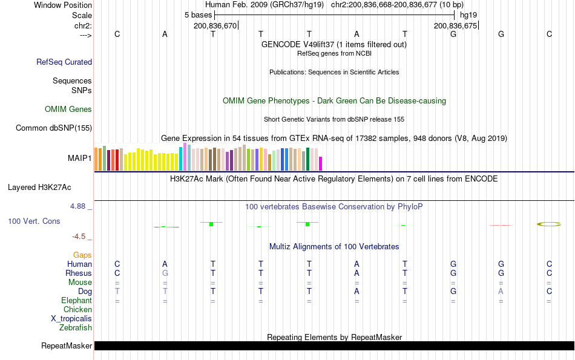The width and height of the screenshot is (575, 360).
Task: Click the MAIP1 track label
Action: click(x=80, y=158)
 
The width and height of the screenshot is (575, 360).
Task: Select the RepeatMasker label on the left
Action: click(x=67, y=346)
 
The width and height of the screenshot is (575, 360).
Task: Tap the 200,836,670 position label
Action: click(x=215, y=25)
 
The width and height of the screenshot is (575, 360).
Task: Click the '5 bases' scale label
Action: click(x=198, y=15)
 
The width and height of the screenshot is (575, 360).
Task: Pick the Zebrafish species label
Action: click(x=76, y=328)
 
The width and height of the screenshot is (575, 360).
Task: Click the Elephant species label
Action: click(x=76, y=301)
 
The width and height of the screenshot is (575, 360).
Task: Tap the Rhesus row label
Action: click(x=79, y=273)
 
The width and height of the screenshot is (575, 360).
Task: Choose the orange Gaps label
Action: click(x=82, y=255)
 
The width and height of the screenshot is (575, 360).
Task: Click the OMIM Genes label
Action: click(x=68, y=110)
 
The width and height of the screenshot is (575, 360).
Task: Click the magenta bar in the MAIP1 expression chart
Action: click(x=321, y=164)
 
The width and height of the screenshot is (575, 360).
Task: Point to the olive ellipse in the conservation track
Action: click(x=549, y=224)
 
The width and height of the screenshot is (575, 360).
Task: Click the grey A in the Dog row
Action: click(x=501, y=292)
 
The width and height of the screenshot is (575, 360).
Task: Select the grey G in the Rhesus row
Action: click(x=165, y=273)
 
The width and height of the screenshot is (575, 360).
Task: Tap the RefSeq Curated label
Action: click(x=64, y=62)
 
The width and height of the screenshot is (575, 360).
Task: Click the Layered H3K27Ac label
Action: click(x=39, y=187)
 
